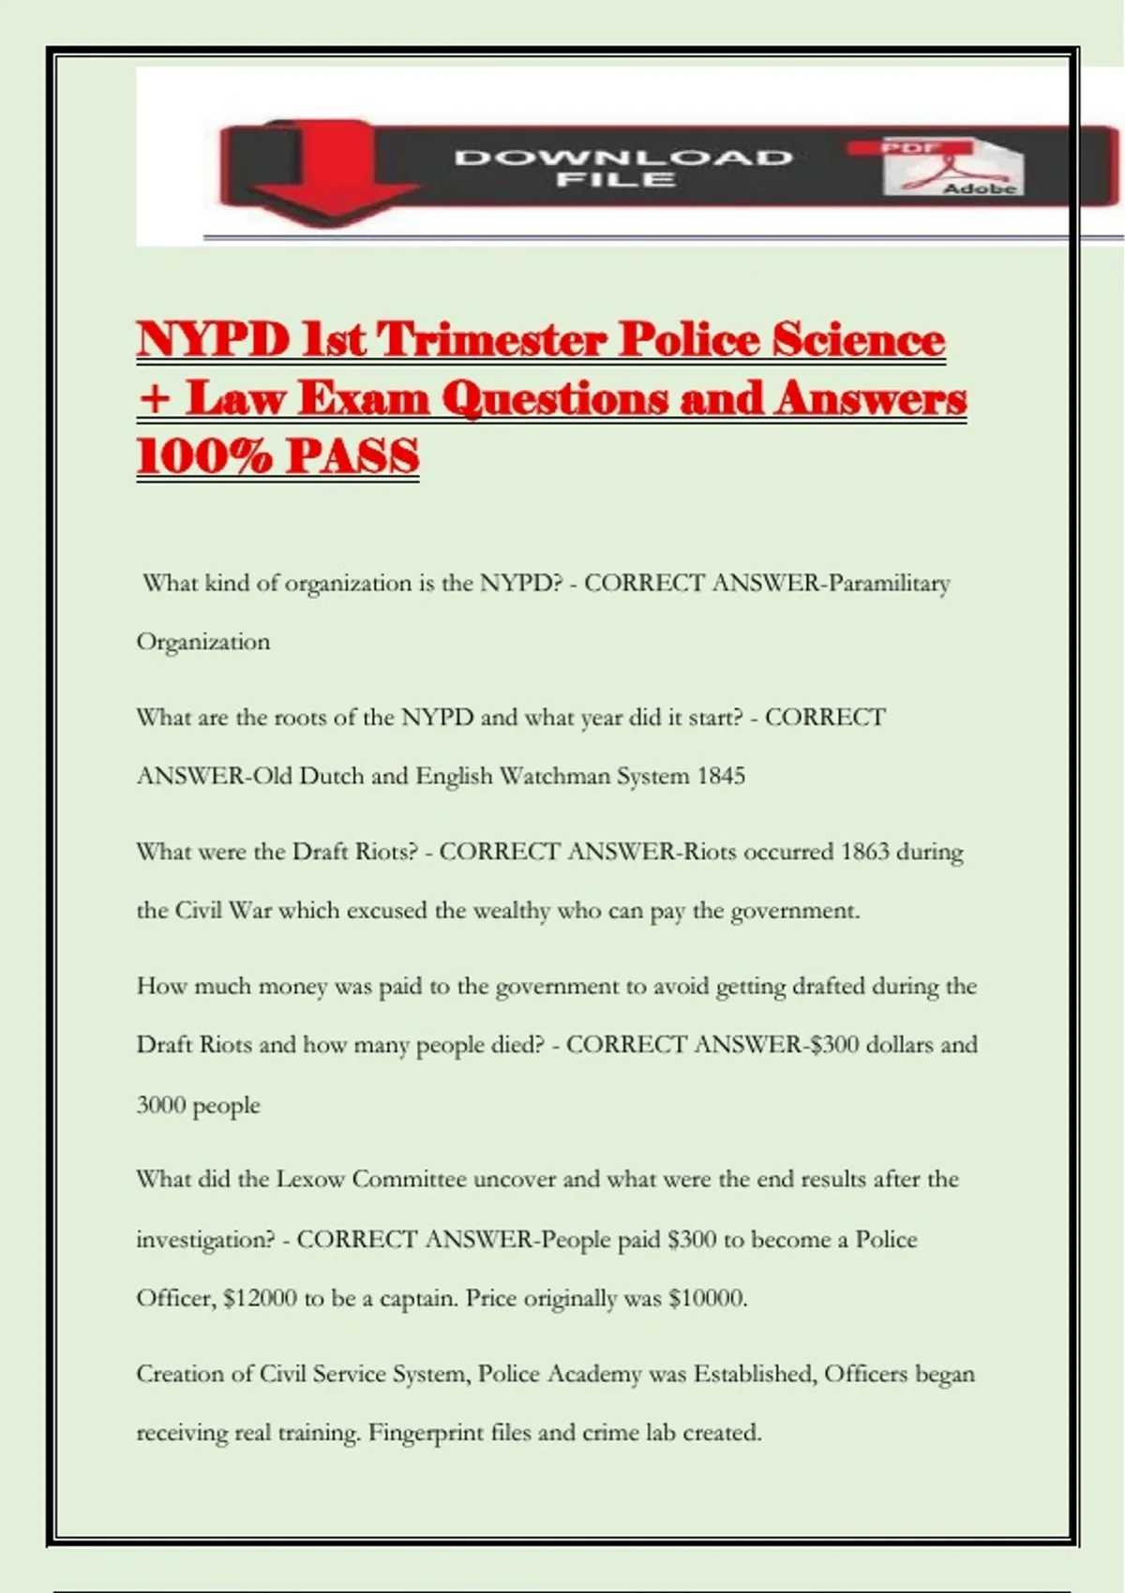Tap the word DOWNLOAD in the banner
(x=623, y=157)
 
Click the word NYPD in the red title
(x=213, y=340)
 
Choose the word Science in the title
(x=858, y=340)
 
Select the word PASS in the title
(x=352, y=457)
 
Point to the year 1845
(x=721, y=777)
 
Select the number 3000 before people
(x=160, y=1106)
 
